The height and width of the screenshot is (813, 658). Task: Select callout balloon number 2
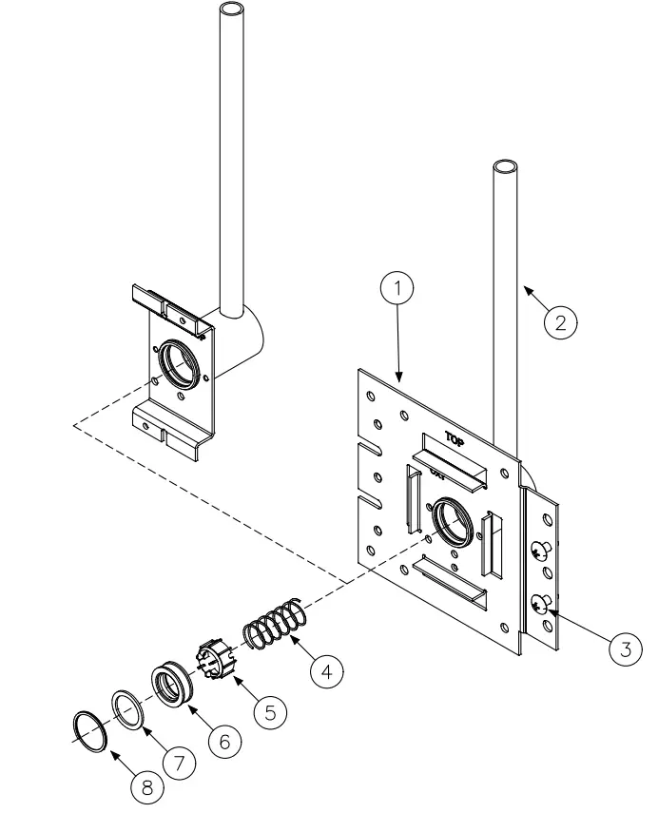pyautogui.click(x=560, y=321)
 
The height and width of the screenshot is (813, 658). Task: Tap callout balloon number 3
pyautogui.click(x=624, y=649)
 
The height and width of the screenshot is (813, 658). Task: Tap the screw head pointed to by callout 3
pyautogui.click(x=540, y=605)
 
